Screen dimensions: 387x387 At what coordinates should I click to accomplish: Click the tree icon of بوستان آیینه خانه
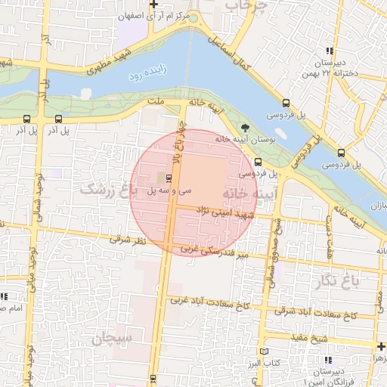click(243, 127)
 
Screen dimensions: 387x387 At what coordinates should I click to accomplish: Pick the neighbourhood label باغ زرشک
click(101, 187)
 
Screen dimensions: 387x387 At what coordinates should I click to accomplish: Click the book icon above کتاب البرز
click(262, 351)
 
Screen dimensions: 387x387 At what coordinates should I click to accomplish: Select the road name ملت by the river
click(157, 99)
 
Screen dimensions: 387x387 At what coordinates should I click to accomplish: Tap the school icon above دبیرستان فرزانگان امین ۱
click(326, 359)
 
